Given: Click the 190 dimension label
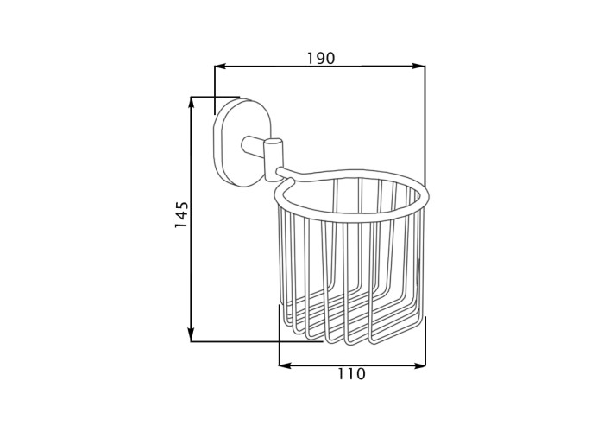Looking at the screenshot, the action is coord(321,58).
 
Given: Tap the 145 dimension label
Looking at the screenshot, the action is coord(181,214).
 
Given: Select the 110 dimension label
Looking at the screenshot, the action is coord(351,374).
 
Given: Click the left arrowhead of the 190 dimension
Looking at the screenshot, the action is coord(221,67).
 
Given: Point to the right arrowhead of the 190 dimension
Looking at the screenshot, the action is coord(418,67).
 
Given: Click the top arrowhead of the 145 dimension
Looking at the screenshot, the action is coord(191,104).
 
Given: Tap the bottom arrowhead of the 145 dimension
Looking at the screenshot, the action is coord(191,334).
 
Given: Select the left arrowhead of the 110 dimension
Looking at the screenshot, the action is coord(286,365).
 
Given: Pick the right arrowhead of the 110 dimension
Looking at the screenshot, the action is coord(419,365).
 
